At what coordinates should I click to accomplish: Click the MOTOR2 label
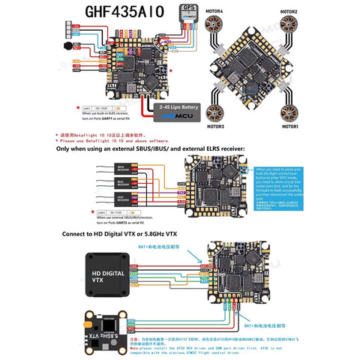pyautogui.click(x=289, y=13)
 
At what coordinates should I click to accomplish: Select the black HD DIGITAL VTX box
pyautogui.click(x=106, y=277)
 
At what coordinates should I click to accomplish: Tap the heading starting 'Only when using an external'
pyautogui.click(x=150, y=149)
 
